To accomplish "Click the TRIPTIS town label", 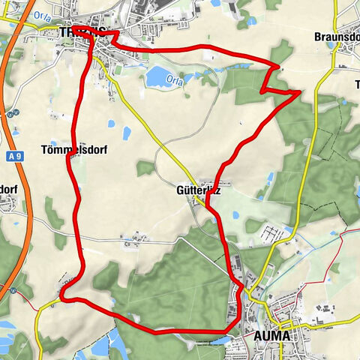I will pos(79,31).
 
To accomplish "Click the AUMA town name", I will pos(271,334).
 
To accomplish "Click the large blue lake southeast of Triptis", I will pos(159,76).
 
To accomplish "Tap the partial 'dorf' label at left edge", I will pos(7,189).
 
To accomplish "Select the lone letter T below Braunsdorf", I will pos(356,84).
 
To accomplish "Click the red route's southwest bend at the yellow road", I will pos(62,298).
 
